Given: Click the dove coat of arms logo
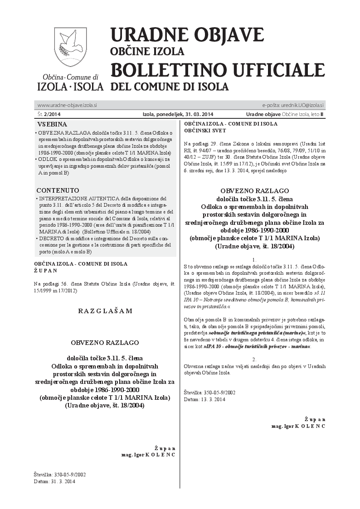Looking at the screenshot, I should coord(70,47).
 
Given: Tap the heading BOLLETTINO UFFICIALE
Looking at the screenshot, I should coord(218,70).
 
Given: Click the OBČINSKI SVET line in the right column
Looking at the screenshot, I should coord(205,130).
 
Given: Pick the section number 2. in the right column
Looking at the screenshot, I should coord(254,359).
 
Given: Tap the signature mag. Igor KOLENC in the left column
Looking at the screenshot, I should coord(148,454).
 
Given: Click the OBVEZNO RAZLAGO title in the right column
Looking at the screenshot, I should coord(254,191).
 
